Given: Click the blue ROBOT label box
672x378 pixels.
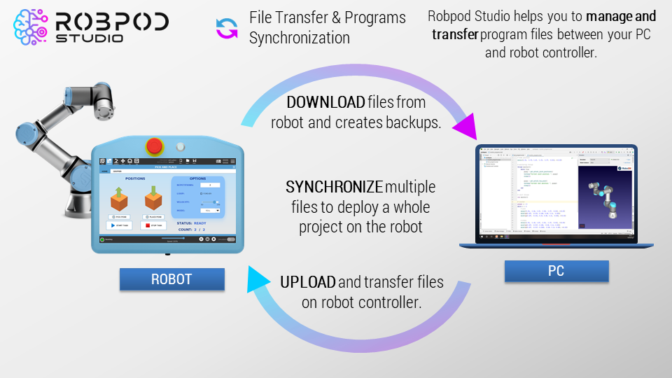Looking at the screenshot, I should coord(171,279).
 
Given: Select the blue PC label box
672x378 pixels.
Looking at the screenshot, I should coord(556,271).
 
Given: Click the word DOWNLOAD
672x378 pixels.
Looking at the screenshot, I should coord(325,102).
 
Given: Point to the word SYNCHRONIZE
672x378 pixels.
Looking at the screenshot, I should coord(334,188).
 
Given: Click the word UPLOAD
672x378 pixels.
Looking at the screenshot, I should coord(308,282).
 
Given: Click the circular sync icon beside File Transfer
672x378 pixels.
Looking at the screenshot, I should coord(227,28).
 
